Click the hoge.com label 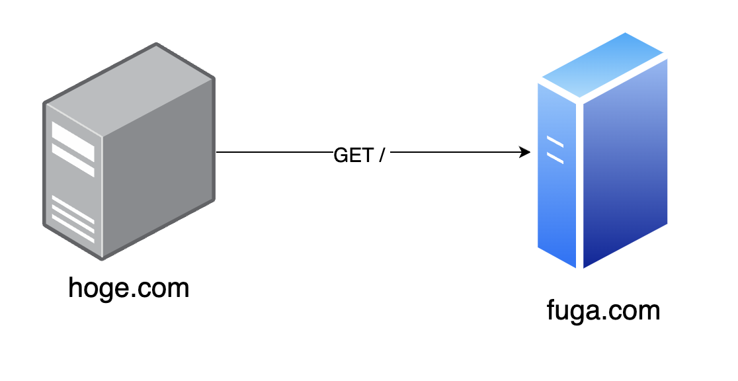coord(129,288)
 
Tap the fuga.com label coord(603,310)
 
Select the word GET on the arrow coord(353,155)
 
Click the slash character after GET coord(381,155)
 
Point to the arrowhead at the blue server coord(526,153)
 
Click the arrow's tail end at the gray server coord(219,153)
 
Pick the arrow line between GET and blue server coord(456,153)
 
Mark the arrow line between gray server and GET coord(274,153)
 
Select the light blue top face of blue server coord(602,66)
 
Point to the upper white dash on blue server coord(555,142)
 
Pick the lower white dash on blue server coord(555,158)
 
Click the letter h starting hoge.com coord(75,288)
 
